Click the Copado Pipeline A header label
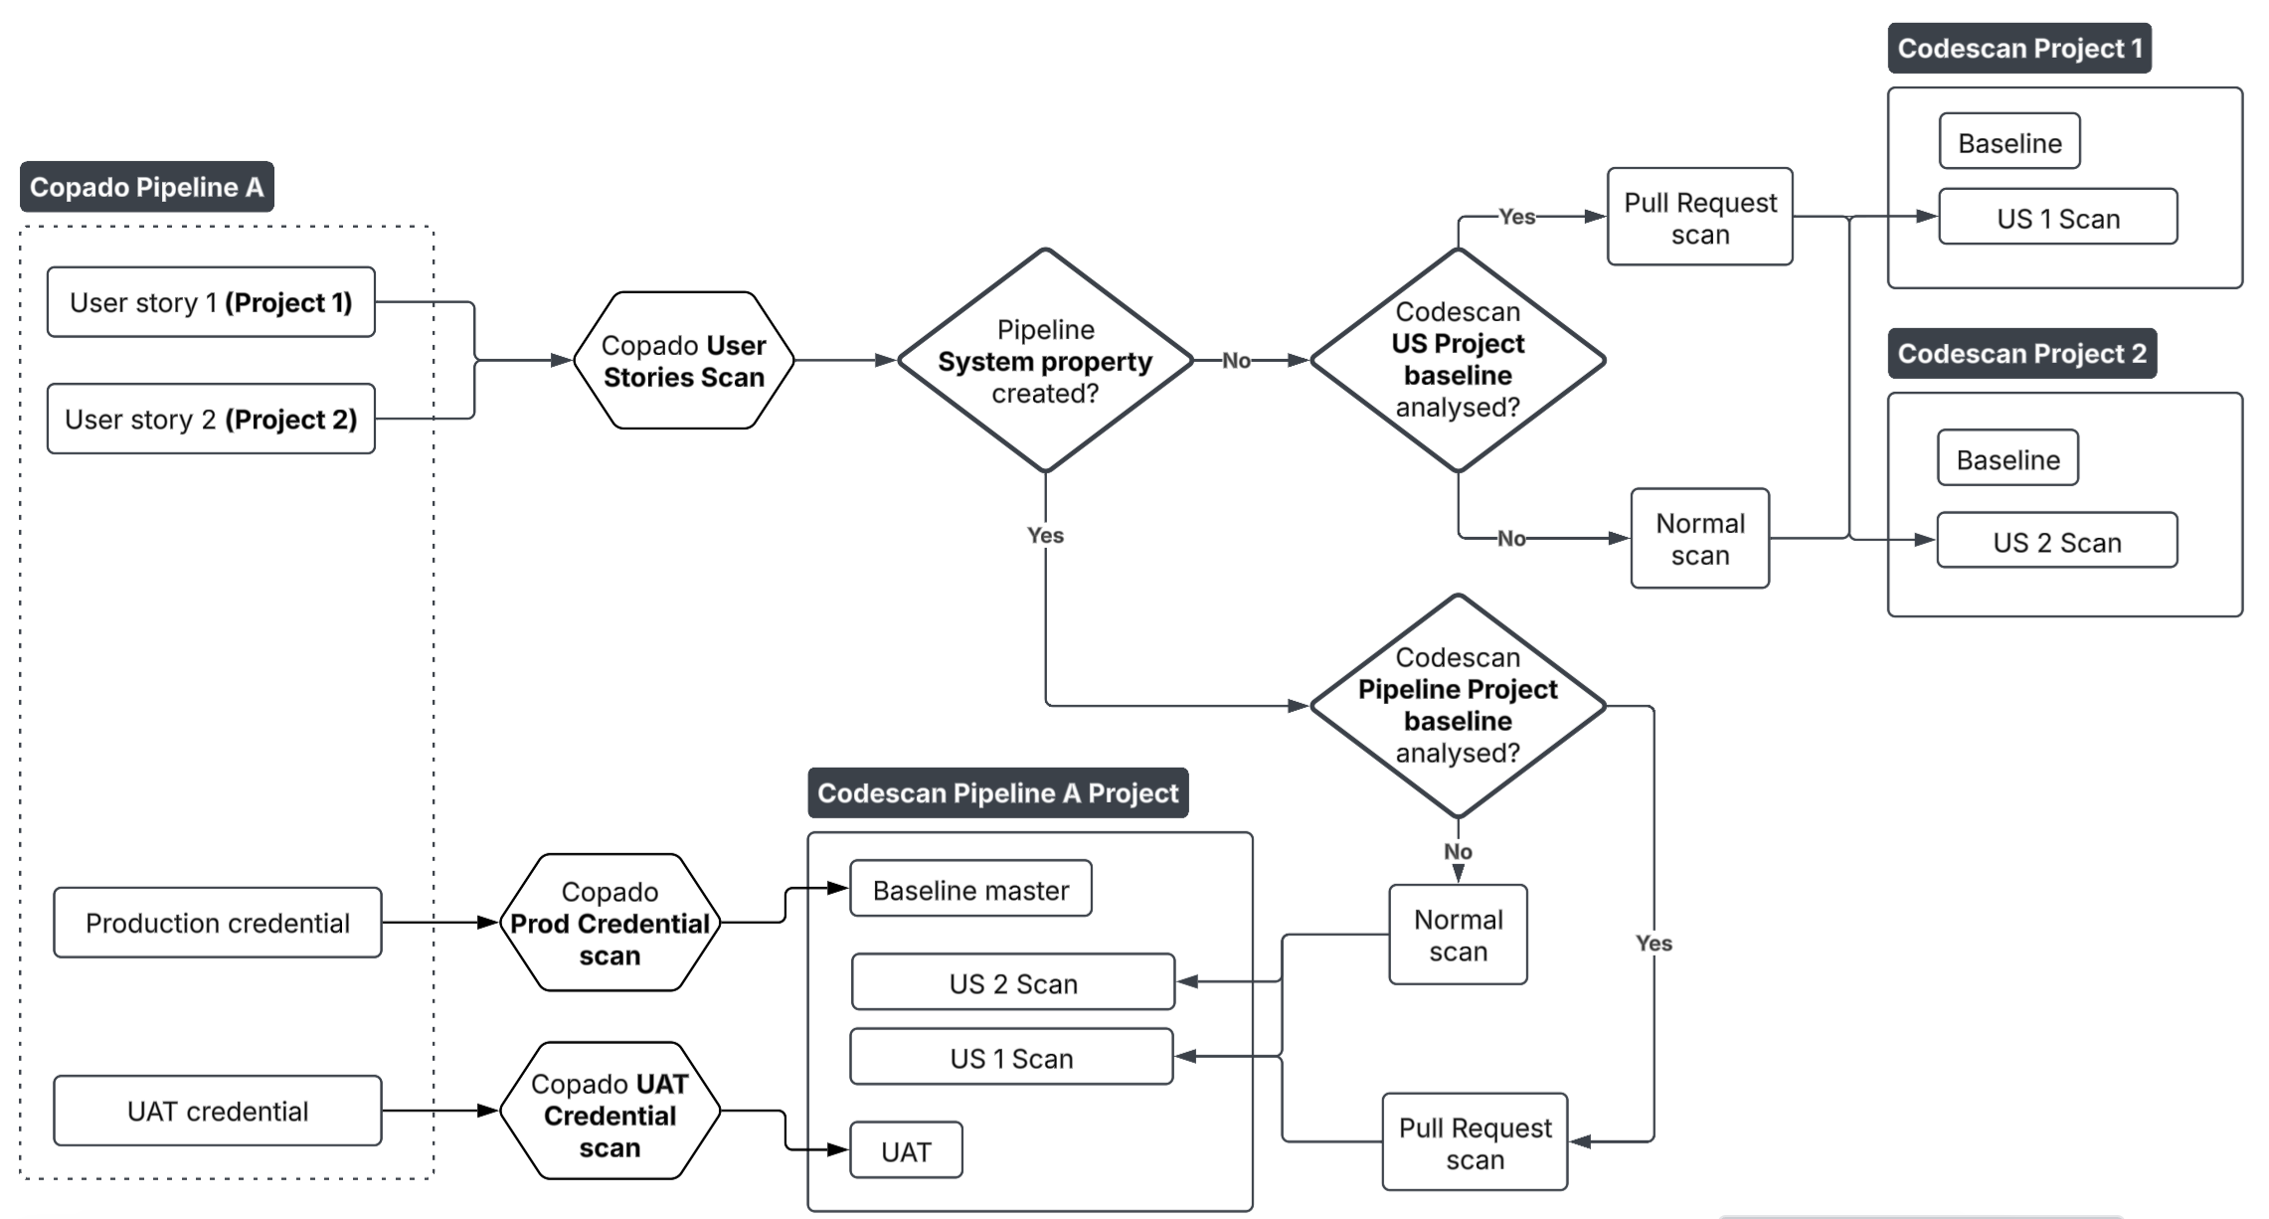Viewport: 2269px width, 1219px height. pos(146,187)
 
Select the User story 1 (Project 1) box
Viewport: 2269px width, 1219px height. pos(211,302)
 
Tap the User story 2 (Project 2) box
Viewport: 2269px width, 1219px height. pos(211,419)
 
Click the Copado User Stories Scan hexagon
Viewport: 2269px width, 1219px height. pos(684,361)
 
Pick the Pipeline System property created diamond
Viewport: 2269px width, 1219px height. pos(1045,361)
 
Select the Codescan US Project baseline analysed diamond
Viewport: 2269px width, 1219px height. pos(1458,360)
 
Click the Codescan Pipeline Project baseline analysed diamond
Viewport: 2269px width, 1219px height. pos(1458,706)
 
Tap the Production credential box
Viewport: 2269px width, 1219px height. pos(218,923)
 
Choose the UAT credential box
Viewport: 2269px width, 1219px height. pos(218,1111)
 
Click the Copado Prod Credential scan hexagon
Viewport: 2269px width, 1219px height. pos(610,923)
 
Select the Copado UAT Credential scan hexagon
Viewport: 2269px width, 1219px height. pos(610,1112)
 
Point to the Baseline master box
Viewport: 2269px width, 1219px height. pos(970,889)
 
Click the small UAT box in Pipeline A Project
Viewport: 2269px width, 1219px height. pos(906,1150)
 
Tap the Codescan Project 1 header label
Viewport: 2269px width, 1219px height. pos(2019,49)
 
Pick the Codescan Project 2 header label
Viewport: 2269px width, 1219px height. pos(2021,353)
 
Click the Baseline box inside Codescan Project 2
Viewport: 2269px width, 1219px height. pos(2007,458)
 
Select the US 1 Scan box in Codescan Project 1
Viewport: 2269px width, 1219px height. pos(2057,218)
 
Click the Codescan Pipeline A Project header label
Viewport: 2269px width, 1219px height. pos(997,792)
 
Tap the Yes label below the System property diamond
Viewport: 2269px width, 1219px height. pos(1045,535)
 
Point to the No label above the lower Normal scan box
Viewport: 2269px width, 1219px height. pos(1458,851)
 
